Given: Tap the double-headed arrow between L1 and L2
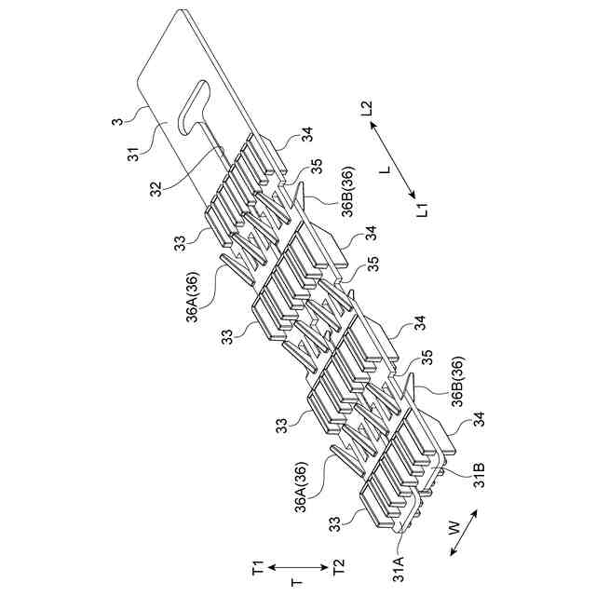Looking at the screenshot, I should tap(396, 159).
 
